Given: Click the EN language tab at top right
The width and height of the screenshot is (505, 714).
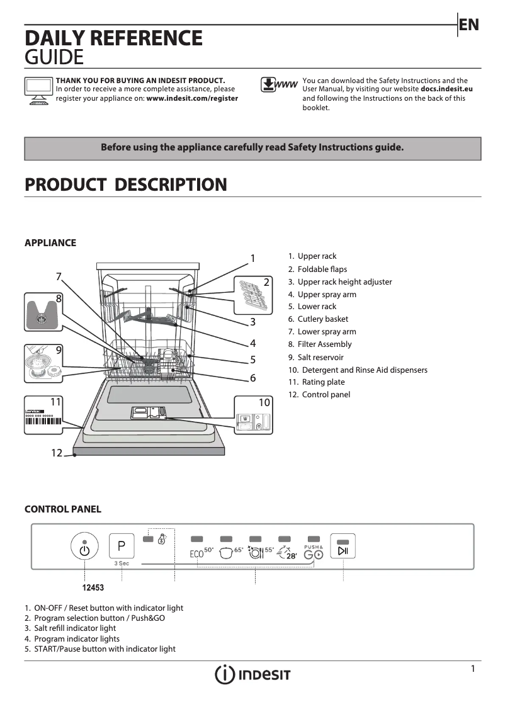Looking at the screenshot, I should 469,25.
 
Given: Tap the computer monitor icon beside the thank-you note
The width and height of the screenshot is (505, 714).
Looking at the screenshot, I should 38,91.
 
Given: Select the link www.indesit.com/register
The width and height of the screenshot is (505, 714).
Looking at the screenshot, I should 192,98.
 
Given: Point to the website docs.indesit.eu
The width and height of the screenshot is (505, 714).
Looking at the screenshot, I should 446,89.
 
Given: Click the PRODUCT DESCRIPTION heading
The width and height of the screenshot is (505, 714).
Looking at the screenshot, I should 125,185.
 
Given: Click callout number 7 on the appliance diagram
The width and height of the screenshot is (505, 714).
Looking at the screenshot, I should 59,276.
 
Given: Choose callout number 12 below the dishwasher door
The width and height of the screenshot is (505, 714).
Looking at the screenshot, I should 57,453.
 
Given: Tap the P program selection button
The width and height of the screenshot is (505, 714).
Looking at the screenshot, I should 122,546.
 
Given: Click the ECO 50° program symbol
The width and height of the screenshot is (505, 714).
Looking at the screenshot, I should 201,553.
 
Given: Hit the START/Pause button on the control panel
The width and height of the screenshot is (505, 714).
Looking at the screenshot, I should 343,547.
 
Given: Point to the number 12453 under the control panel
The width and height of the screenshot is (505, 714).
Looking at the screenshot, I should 93,587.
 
